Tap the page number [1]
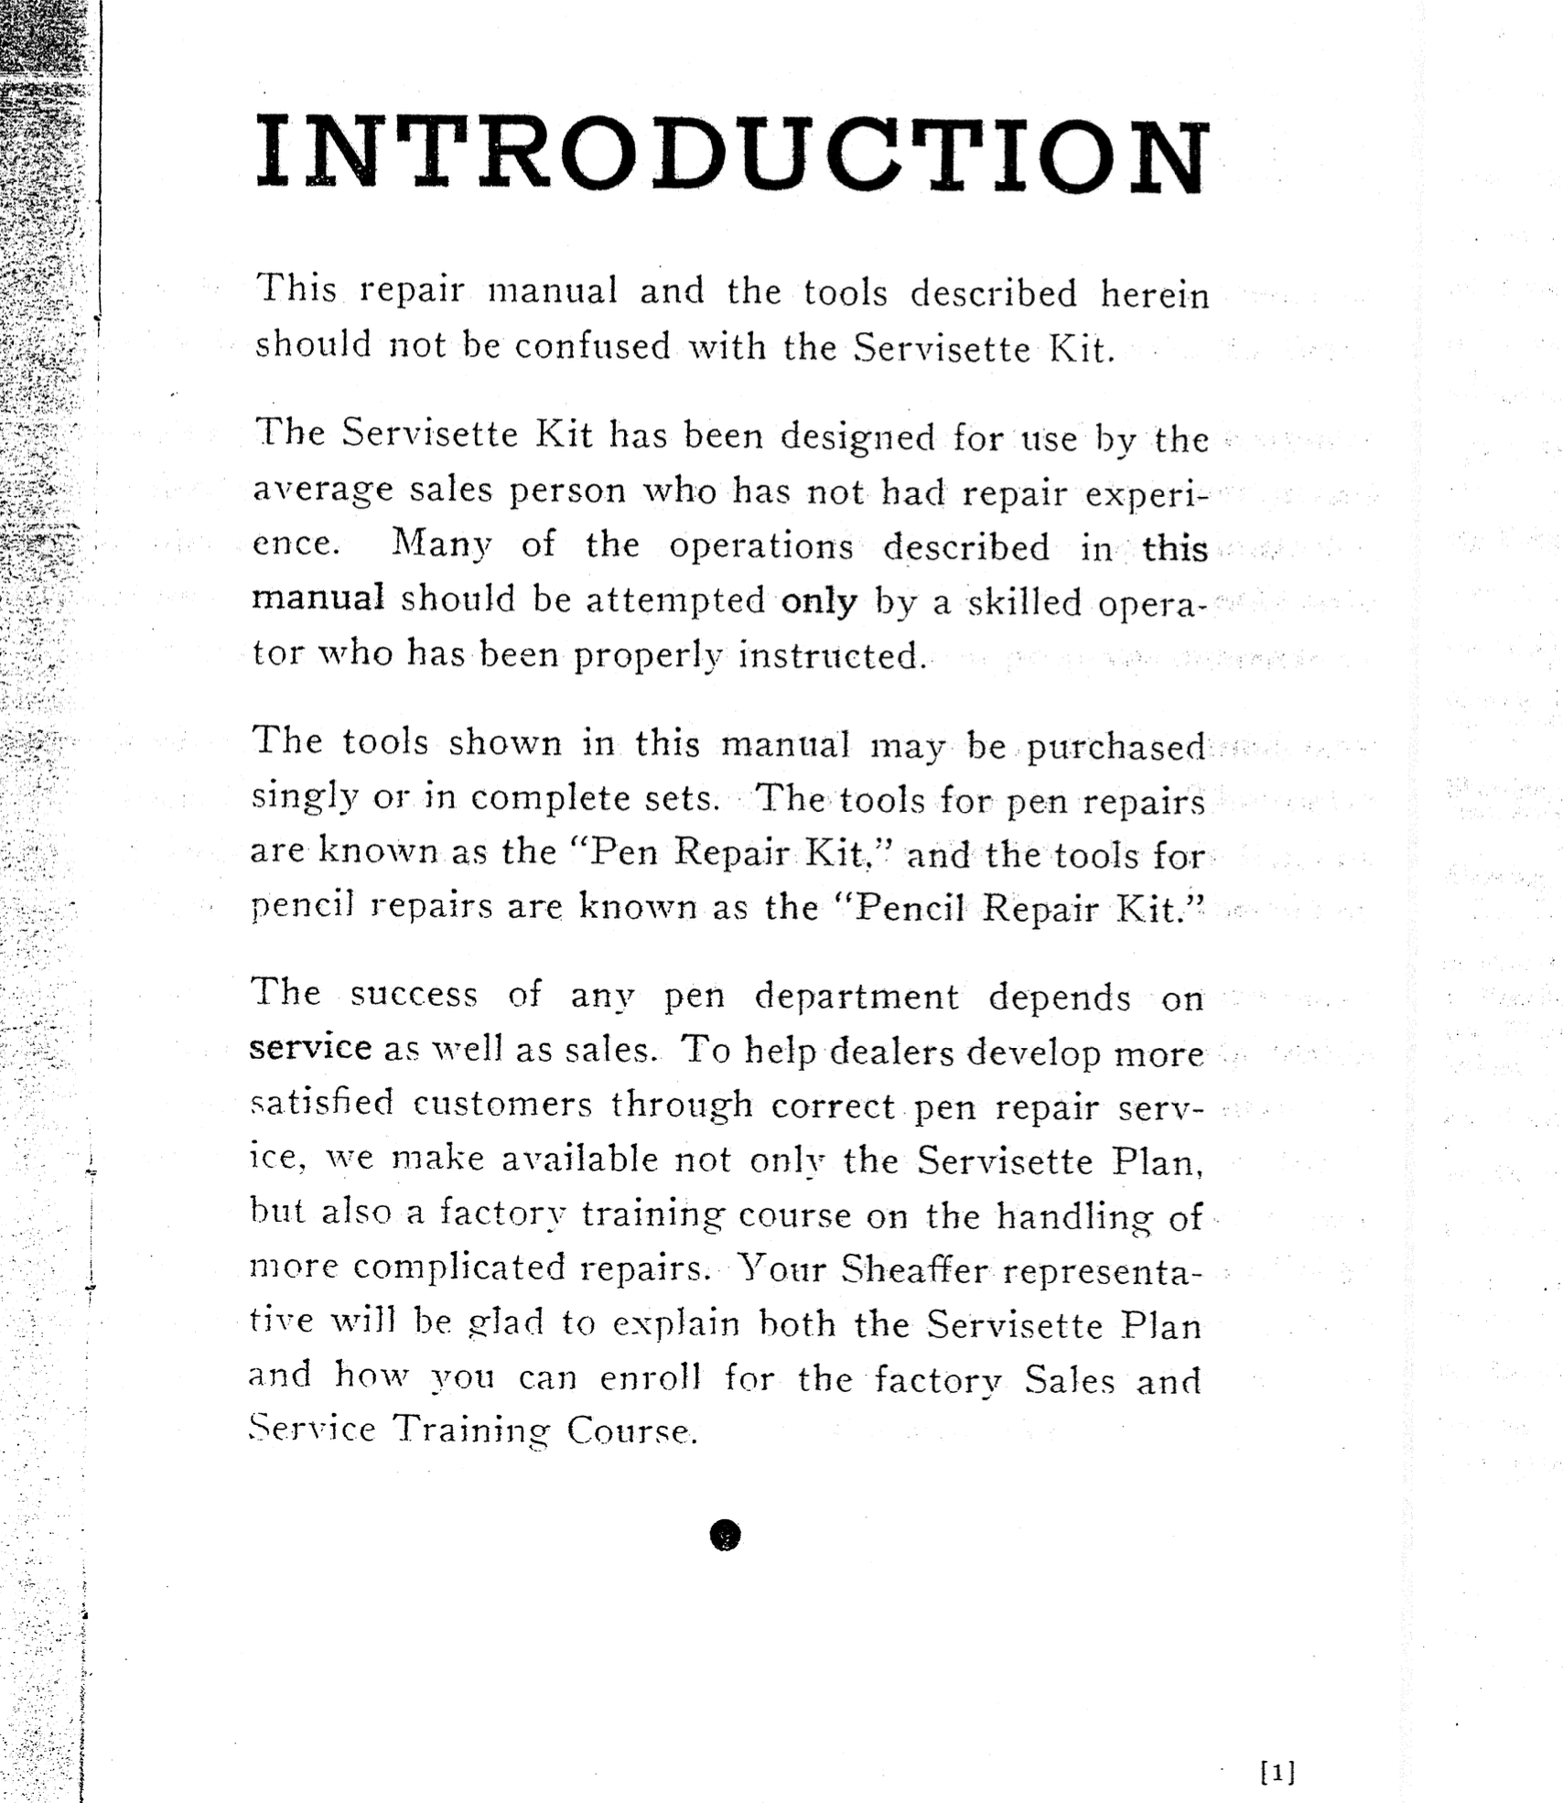coord(1277,1773)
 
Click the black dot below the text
coord(725,1535)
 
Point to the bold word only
coord(819,601)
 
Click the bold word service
coord(310,1047)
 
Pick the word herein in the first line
coord(1154,295)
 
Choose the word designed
coord(857,437)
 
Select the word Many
coord(442,545)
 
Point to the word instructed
coord(832,655)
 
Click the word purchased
coord(1116,748)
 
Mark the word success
coord(414,995)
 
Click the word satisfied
coord(321,1103)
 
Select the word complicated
coord(459,1268)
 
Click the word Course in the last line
coord(631,1430)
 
